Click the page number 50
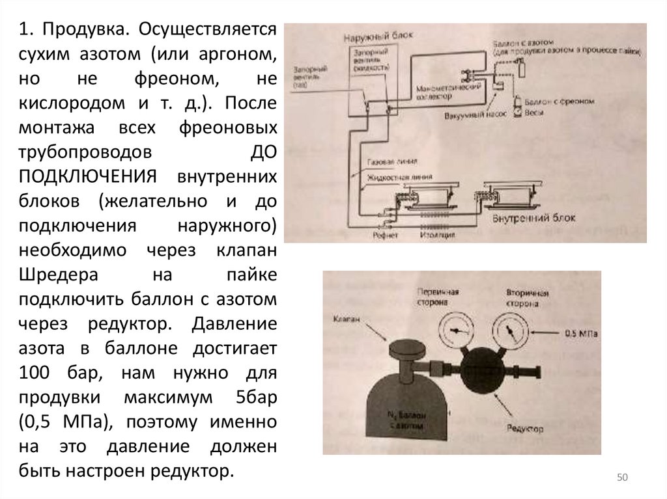pyautogui.click(x=621, y=479)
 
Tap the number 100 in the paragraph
pyautogui.click(x=35, y=373)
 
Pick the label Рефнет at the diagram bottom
pyautogui.click(x=385, y=235)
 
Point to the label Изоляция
pyautogui.click(x=438, y=235)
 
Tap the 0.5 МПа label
pyautogui.click(x=581, y=334)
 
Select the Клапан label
pyautogui.click(x=346, y=320)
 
